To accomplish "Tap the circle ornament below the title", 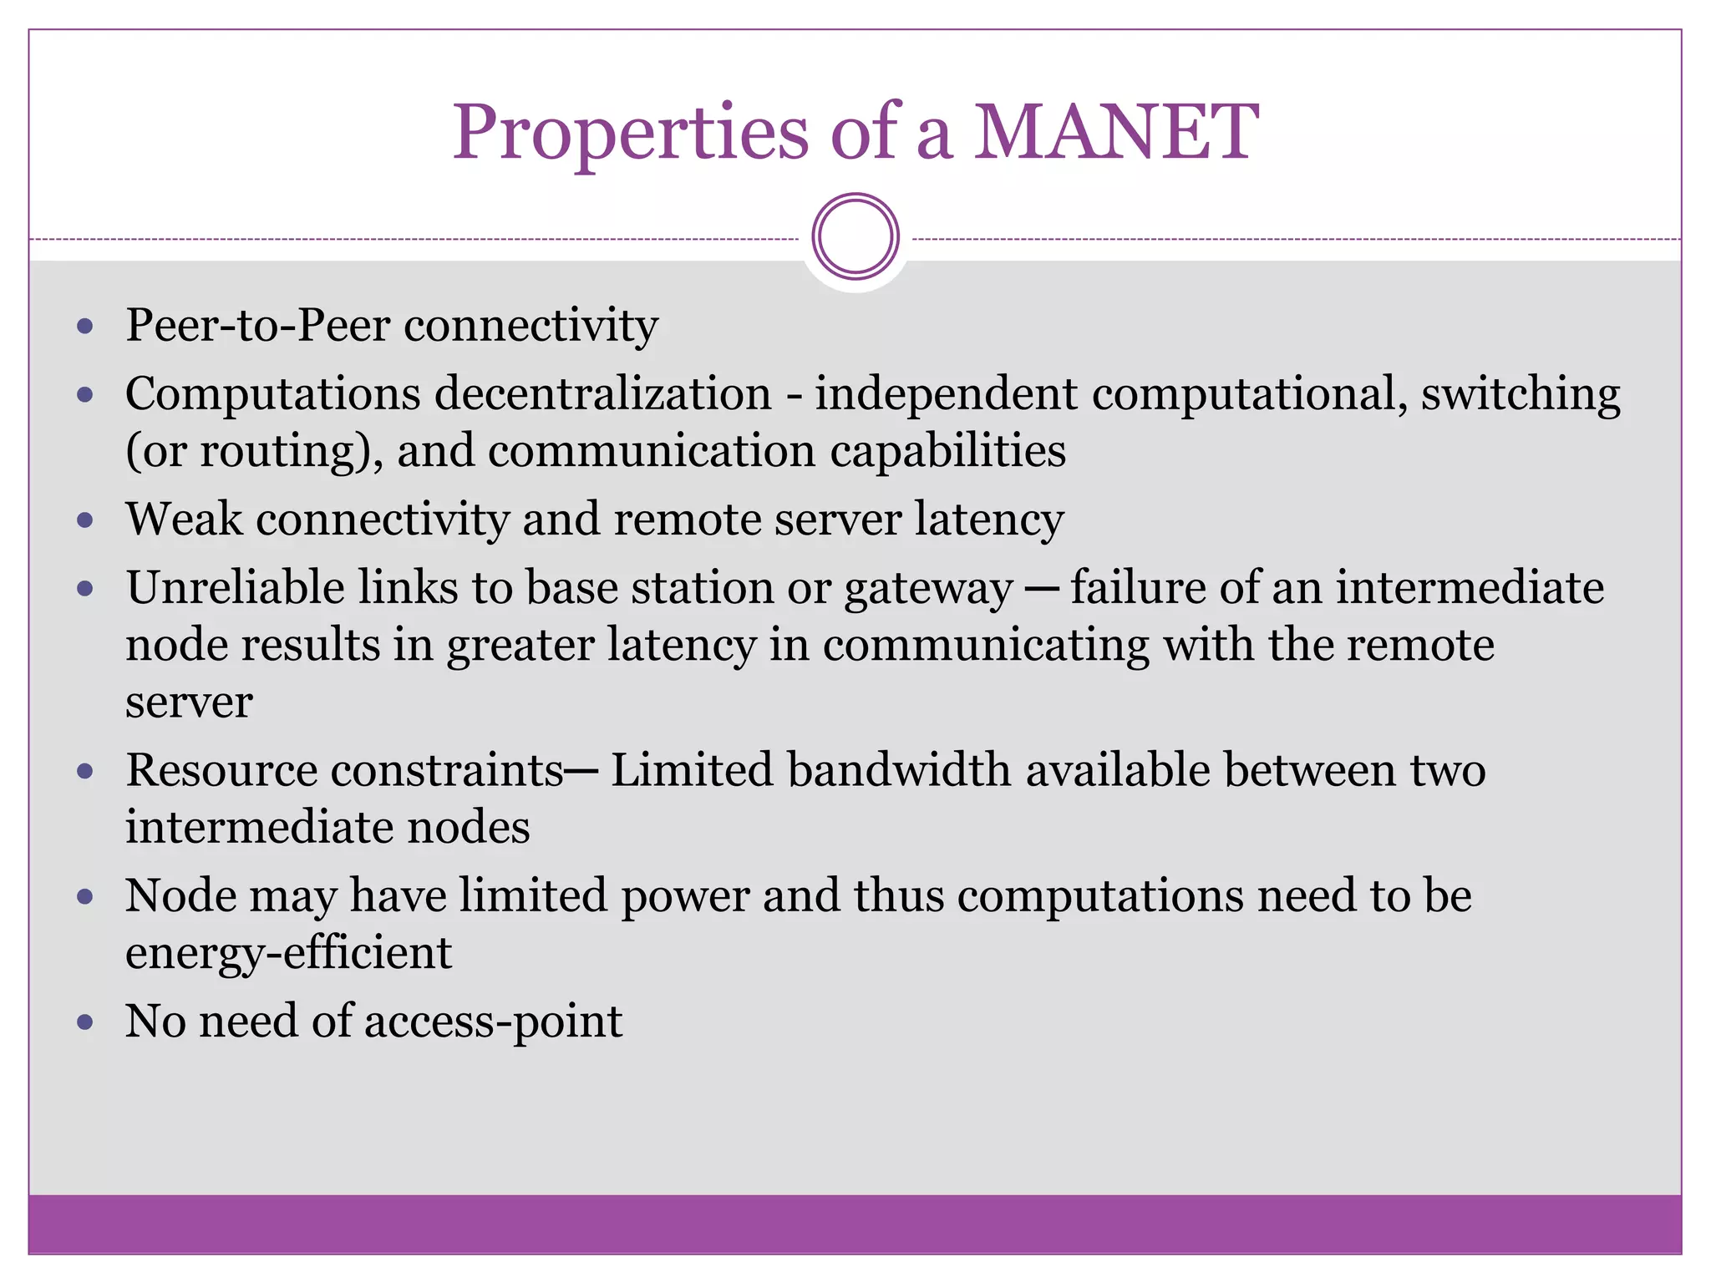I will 855,236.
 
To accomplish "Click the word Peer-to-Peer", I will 257,325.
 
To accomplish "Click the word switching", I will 1520,395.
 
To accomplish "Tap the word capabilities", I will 947,451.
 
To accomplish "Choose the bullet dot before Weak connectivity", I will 84,520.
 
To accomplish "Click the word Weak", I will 184,520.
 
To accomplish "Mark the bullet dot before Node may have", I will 84,897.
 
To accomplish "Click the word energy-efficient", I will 288,953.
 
